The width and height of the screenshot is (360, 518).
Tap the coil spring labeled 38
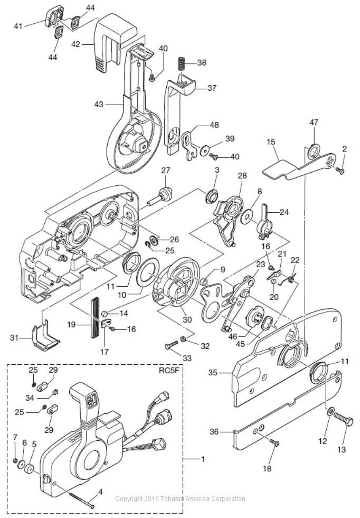point(181,64)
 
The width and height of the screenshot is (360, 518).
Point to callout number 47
point(314,123)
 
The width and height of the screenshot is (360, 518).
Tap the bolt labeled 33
point(170,346)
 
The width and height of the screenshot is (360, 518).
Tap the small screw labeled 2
point(341,171)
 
